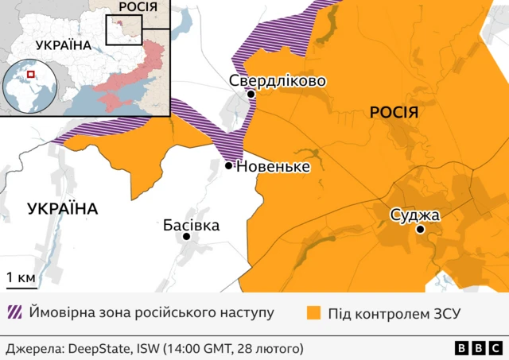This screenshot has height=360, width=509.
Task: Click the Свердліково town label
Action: tap(277, 80)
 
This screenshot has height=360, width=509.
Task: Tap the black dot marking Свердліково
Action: tap(251, 95)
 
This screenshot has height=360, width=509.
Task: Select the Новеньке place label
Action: tap(273, 166)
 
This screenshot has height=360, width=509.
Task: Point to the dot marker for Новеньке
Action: tap(229, 166)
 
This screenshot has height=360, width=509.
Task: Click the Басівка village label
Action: tap(191, 225)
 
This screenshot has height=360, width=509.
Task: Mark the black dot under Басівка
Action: tap(187, 237)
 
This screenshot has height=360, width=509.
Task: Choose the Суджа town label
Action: tap(414, 215)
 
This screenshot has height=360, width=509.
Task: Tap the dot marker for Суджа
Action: tap(421, 230)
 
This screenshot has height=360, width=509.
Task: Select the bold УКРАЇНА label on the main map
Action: tap(62, 209)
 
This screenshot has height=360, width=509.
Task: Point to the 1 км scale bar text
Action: tap(21, 278)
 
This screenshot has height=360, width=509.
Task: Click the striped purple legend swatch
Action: tap(14, 312)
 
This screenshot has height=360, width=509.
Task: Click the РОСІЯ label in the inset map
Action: tap(137, 7)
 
